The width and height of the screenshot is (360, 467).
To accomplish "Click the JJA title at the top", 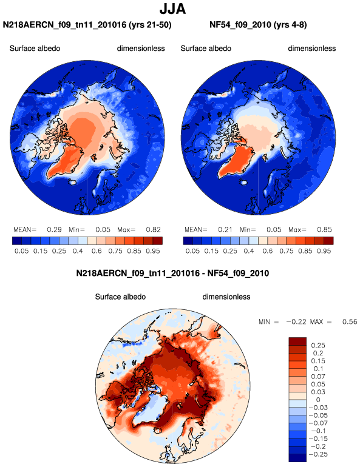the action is point(172,8).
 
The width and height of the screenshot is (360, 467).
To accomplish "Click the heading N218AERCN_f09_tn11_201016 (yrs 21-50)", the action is point(87,25).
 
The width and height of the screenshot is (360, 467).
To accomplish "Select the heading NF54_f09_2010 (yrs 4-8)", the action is point(258,25).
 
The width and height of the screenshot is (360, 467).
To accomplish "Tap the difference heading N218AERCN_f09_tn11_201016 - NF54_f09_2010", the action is point(172,273).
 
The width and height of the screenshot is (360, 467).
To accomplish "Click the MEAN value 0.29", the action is point(54,230).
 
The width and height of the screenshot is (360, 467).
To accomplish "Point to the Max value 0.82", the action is point(153,230).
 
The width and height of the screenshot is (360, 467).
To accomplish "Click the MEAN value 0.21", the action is point(225,230).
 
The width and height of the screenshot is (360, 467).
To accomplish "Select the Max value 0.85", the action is point(324,230).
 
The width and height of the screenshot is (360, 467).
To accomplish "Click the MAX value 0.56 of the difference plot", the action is point(350,321).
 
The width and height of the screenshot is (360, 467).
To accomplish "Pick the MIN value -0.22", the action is point(296,321).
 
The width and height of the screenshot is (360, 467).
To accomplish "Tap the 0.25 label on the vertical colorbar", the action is point(318,346).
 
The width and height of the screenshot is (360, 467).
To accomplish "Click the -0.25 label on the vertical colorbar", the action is point(318,454).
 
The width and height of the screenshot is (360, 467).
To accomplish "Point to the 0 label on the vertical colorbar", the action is point(318,400).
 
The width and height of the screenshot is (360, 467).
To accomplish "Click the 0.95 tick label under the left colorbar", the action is point(153,251).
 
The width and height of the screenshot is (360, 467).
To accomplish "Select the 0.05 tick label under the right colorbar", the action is point(192,251).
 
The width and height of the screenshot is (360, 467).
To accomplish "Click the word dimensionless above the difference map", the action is point(226,297).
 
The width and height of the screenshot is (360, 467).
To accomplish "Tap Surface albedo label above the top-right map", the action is point(206,49).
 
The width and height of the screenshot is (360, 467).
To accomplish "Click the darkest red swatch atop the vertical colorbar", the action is point(297,341).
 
